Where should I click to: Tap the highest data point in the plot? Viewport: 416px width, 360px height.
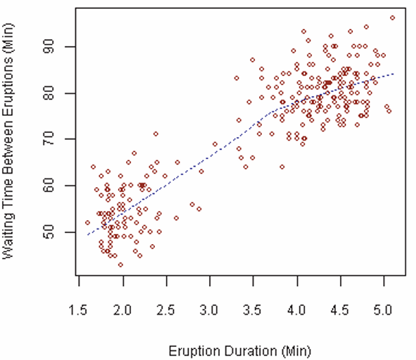(393, 18)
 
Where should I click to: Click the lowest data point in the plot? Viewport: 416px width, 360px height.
(121, 265)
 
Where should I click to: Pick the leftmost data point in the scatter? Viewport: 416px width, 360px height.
(87, 222)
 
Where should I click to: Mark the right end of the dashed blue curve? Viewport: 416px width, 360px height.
(393, 73)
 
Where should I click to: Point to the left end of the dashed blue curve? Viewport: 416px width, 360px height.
(87, 235)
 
